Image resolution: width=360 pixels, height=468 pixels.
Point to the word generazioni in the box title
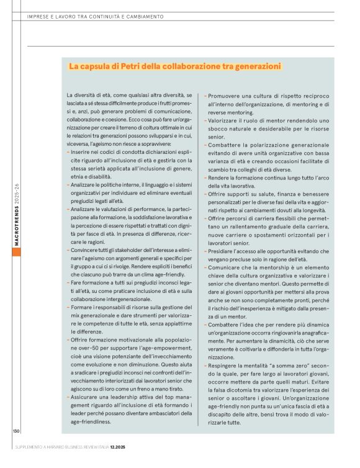coord(254,66)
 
